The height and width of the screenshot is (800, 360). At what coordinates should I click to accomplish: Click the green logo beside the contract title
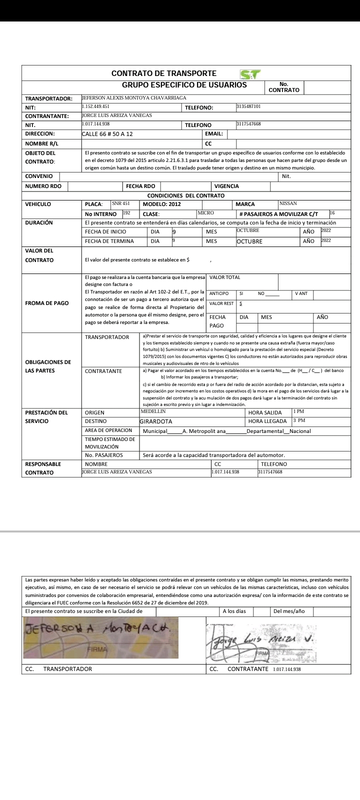[250, 74]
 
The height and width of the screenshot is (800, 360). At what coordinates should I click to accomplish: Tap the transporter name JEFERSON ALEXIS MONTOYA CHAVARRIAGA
[134, 98]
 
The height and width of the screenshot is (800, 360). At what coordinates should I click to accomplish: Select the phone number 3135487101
[248, 106]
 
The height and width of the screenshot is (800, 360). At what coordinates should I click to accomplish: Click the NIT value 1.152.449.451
[95, 106]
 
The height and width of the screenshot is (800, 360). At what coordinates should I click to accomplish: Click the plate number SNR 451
[120, 203]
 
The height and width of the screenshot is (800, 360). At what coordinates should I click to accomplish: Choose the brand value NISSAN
[288, 203]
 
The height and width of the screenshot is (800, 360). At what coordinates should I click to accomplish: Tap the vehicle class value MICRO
[205, 213]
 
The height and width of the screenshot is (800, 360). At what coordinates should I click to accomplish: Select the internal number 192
[126, 213]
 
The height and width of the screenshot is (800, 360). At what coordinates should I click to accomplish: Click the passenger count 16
[332, 213]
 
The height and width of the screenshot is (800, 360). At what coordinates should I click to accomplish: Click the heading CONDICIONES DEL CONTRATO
[185, 195]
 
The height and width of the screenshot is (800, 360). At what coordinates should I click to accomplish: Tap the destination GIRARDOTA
[155, 421]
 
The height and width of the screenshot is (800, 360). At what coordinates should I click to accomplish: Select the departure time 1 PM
[298, 411]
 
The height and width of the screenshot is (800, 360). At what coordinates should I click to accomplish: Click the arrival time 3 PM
[299, 420]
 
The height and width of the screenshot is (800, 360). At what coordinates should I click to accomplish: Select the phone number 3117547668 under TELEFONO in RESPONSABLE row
[270, 472]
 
